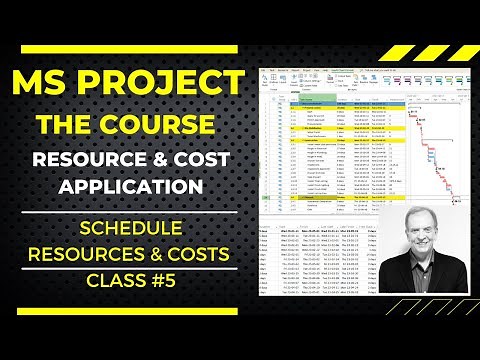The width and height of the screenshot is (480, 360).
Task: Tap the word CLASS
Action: [106, 282]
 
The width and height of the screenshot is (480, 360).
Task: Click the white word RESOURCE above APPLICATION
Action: [95, 159]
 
